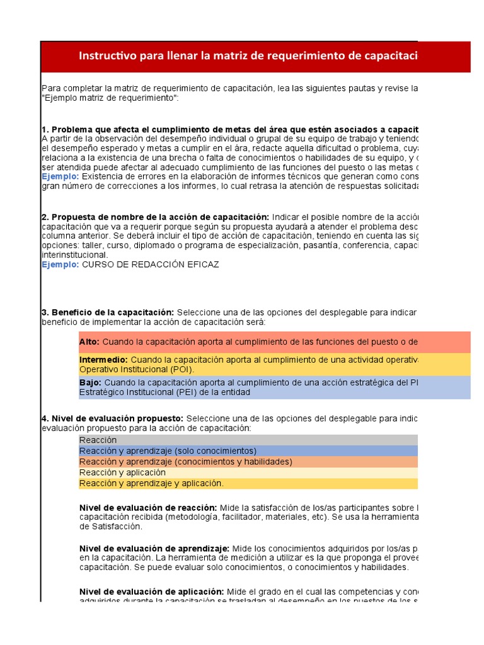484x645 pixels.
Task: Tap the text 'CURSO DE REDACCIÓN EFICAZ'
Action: pyautogui.click(x=151, y=265)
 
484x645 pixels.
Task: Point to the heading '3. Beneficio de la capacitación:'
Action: pyautogui.click(x=108, y=312)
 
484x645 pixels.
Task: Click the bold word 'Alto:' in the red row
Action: pyautogui.click(x=89, y=342)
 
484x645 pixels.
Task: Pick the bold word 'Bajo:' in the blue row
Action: pyautogui.click(x=90, y=382)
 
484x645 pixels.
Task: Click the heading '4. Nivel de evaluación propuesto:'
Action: pyautogui.click(x=113, y=418)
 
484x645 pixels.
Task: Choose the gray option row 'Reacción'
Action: pyautogui.click(x=98, y=440)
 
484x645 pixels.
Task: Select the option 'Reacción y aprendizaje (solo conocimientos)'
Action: pyautogui.click(x=168, y=451)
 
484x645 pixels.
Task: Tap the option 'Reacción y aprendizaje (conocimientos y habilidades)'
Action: pyautogui.click(x=186, y=462)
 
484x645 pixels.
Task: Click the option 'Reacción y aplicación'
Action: pyautogui.click(x=123, y=472)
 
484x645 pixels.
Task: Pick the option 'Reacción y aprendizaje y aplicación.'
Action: pyautogui.click(x=151, y=483)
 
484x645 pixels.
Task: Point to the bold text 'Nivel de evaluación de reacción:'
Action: pyautogui.click(x=148, y=508)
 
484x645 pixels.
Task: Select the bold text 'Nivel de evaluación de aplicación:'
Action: pyautogui.click(x=152, y=591)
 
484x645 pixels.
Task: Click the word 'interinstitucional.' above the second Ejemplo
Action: pyautogui.click(x=74, y=255)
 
